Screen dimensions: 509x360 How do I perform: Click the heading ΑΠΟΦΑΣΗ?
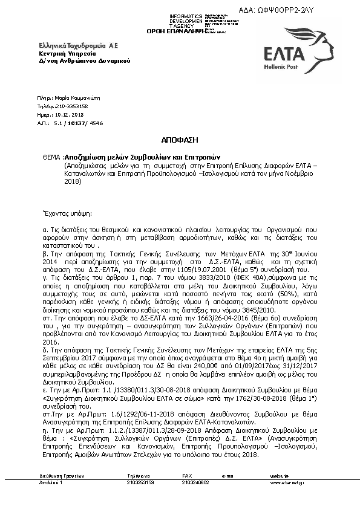point(180,139)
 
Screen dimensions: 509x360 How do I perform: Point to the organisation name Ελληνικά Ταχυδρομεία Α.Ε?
point(71,46)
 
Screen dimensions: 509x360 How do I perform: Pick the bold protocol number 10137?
point(74,122)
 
